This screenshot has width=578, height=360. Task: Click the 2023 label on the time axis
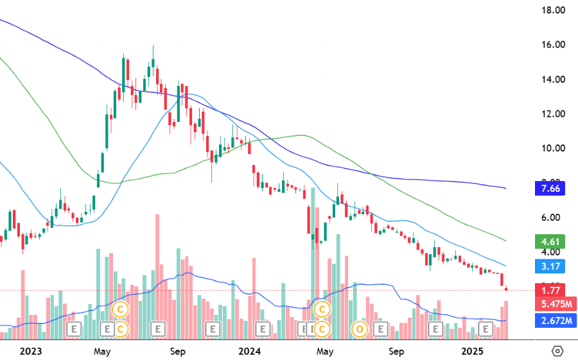click(x=31, y=351)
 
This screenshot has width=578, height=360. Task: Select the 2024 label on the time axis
click(x=249, y=351)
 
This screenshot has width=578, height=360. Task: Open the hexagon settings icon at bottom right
click(x=557, y=351)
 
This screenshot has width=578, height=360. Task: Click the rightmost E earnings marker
click(x=487, y=330)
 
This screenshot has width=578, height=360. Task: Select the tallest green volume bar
click(x=313, y=257)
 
